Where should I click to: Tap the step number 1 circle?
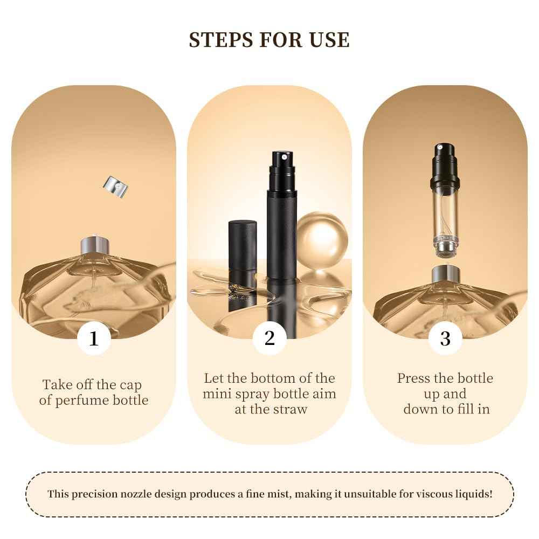(94, 338)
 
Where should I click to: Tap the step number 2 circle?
(269, 338)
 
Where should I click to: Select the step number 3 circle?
(445, 338)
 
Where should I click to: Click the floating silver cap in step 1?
(115, 187)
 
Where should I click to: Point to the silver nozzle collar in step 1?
(95, 245)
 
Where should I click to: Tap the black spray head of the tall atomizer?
(282, 163)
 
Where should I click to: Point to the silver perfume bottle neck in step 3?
(446, 274)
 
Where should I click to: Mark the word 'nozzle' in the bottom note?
(136, 494)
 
